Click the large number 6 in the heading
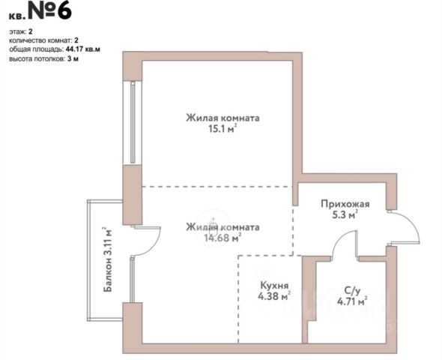pyautogui.click(x=62, y=10)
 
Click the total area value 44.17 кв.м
pyautogui.click(x=83, y=49)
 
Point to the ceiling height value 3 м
pyautogui.click(x=73, y=59)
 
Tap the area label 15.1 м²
pyautogui.click(x=222, y=129)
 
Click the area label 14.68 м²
pyautogui.click(x=222, y=238)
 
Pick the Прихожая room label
pyautogui.click(x=345, y=204)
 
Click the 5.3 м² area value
pyautogui.click(x=345, y=214)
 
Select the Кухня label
pyautogui.click(x=274, y=285)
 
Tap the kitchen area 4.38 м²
pyautogui.click(x=274, y=296)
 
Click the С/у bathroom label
pyautogui.click(x=352, y=290)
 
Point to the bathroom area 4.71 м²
pyautogui.click(x=352, y=301)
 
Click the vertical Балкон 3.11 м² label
pyautogui.click(x=108, y=259)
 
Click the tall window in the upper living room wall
pyautogui.click(x=133, y=122)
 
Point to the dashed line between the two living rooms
pyautogui.click(x=217, y=187)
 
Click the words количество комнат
pyautogui.click(x=37, y=40)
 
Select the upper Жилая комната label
pyautogui.click(x=222, y=118)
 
